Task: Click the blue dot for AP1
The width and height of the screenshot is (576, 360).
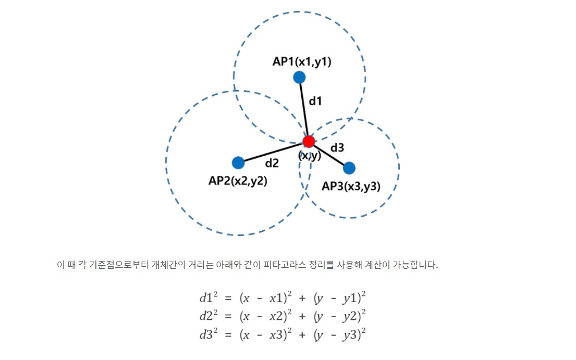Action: (299, 77)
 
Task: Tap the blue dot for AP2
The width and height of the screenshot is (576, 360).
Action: (238, 163)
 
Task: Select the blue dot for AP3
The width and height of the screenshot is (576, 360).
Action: (349, 168)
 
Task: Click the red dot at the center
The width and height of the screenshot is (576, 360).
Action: (309, 141)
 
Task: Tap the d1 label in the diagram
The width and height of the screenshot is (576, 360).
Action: (315, 101)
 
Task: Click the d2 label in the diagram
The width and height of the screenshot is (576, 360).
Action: (272, 163)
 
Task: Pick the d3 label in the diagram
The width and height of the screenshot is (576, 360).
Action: (337, 147)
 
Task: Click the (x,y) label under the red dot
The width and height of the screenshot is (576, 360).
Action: (310, 155)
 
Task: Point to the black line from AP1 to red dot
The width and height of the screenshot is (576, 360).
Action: (304, 109)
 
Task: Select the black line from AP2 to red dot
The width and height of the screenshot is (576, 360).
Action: (274, 152)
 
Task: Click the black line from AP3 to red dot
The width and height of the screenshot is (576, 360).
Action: (329, 155)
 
